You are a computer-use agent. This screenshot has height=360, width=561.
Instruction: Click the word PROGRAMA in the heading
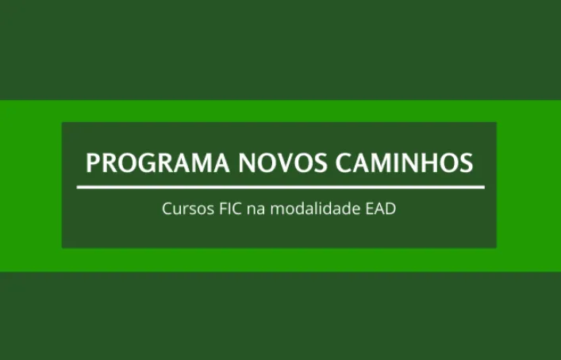157,163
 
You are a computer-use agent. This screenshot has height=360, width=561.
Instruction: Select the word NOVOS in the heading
282,163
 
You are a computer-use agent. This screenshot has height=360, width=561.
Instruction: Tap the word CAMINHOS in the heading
405,163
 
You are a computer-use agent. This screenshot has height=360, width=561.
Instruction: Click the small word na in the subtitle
256,210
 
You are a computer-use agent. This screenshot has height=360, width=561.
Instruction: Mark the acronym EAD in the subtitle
381,209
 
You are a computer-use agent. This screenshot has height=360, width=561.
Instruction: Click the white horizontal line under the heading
281,187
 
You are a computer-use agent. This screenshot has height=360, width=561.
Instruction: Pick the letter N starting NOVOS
248,163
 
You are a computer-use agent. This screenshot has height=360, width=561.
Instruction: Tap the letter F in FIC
223,209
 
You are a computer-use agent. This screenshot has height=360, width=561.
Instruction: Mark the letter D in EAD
390,209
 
